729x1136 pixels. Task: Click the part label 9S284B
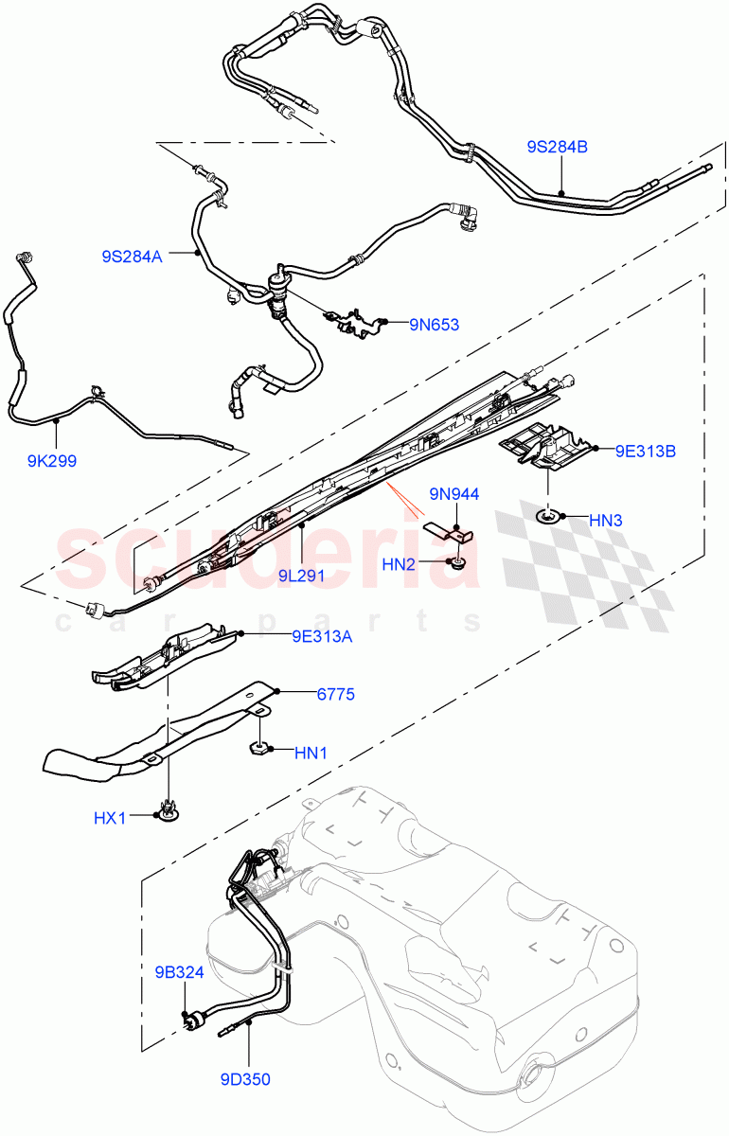pyautogui.click(x=558, y=147)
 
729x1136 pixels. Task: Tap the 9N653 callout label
pyautogui.click(x=434, y=325)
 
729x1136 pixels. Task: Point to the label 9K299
pyautogui.click(x=52, y=461)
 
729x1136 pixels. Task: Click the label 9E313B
pyautogui.click(x=645, y=451)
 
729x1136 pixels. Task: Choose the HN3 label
pyautogui.click(x=605, y=520)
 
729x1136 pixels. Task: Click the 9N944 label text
pyautogui.click(x=454, y=493)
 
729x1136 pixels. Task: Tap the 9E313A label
pyautogui.click(x=322, y=636)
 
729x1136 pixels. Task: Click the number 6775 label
pyautogui.click(x=335, y=694)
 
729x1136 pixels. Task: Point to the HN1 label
pyautogui.click(x=311, y=753)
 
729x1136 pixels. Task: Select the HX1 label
pyautogui.click(x=109, y=816)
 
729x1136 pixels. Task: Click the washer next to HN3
pyautogui.click(x=550, y=516)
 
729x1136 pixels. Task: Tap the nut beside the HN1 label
pyautogui.click(x=259, y=749)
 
